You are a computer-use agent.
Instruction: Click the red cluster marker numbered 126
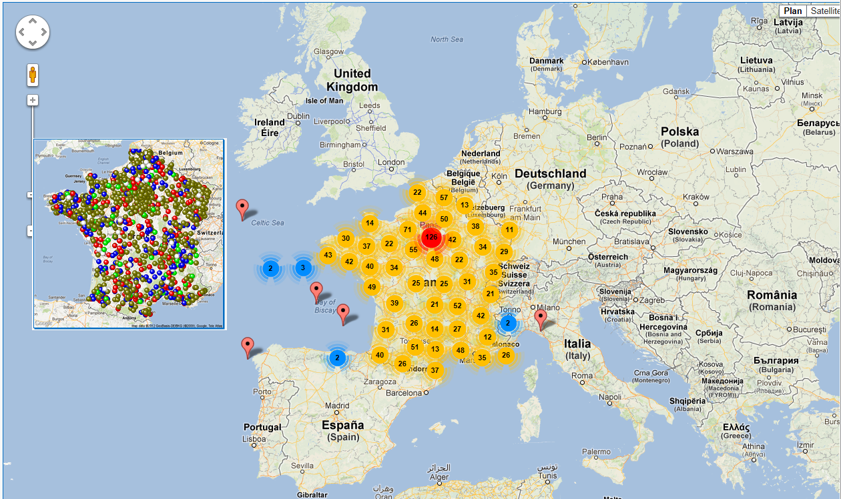coord(431,237)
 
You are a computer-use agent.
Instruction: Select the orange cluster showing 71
coord(407,230)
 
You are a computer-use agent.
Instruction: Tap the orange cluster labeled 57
coord(444,197)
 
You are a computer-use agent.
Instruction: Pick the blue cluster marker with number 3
coord(302,268)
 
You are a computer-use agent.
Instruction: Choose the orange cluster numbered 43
coord(328,255)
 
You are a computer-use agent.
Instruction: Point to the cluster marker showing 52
coord(457,306)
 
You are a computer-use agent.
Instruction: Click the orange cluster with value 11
coord(509,230)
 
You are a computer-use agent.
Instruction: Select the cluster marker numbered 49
coord(372,288)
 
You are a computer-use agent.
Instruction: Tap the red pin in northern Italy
coord(541,318)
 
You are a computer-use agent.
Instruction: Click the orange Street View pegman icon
coord(32,75)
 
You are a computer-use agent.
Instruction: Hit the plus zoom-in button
coord(32,100)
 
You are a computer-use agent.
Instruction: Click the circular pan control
coord(32,31)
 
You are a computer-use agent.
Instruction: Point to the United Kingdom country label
coord(352,80)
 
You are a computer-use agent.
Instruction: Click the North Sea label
coord(447,39)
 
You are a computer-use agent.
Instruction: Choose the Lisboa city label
coord(254,439)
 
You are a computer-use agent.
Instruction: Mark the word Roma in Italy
coord(582,376)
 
